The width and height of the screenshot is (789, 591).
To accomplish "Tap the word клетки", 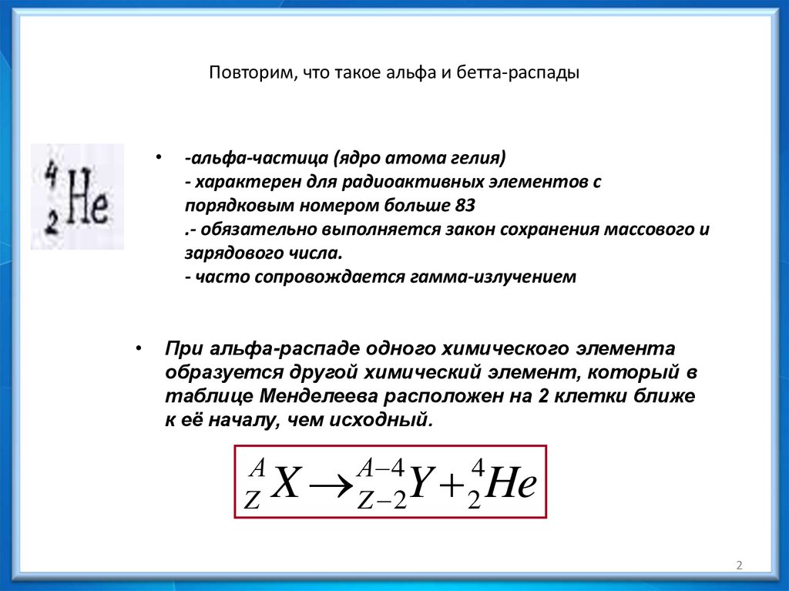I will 601,397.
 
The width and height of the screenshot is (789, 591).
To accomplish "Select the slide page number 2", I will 739,566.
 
